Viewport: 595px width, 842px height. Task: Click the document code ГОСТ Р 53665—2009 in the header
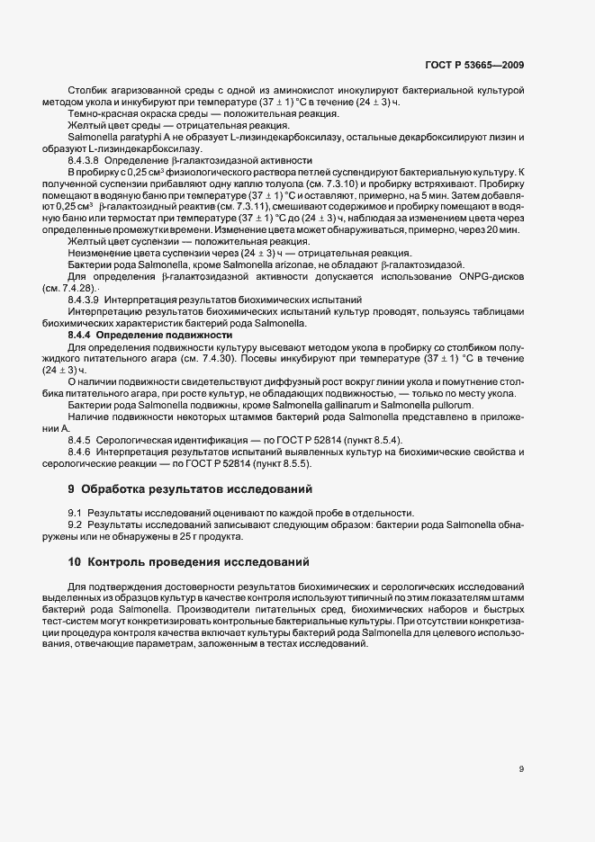click(x=473, y=65)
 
